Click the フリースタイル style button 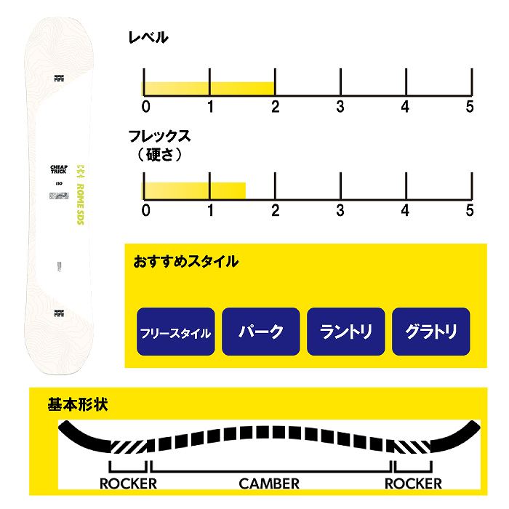click(175, 332)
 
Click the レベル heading click(148, 38)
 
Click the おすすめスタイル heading click(185, 261)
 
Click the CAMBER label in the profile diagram click(269, 483)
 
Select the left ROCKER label click(129, 483)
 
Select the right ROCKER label click(413, 483)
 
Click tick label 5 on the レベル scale click(470, 107)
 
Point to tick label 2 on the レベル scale click(275, 107)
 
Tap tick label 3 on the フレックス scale click(340, 211)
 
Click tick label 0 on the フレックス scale click(146, 211)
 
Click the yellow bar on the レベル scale click(209, 89)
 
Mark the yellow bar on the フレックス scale click(193, 191)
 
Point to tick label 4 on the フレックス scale click(405, 211)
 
